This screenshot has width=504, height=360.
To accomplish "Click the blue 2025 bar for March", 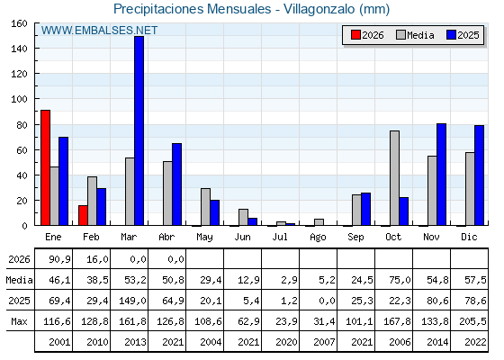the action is click(x=139, y=130).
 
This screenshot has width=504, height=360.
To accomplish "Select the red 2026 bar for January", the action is click(x=45, y=167).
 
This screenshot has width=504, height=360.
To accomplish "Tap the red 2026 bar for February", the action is click(x=83, y=215).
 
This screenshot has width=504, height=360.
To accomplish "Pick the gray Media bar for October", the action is click(x=395, y=178).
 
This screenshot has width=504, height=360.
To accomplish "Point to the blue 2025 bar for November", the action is click(x=441, y=175).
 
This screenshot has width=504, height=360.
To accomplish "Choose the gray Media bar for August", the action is click(x=319, y=222).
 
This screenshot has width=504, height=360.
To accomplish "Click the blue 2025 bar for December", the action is click(x=479, y=175).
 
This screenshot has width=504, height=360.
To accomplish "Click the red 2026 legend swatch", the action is click(x=355, y=35).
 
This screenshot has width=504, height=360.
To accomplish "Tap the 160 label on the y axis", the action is click(x=19, y=23).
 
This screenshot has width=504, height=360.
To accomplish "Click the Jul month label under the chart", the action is click(x=280, y=237).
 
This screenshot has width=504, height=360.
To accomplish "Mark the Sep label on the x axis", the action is click(x=355, y=237).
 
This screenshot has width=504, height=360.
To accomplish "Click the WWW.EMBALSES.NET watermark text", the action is click(x=99, y=31).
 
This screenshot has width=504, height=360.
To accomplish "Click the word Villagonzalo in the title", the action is click(x=319, y=9).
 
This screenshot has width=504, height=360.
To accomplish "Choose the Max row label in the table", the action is click(x=19, y=321).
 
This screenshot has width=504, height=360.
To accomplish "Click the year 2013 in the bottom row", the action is click(x=136, y=342).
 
